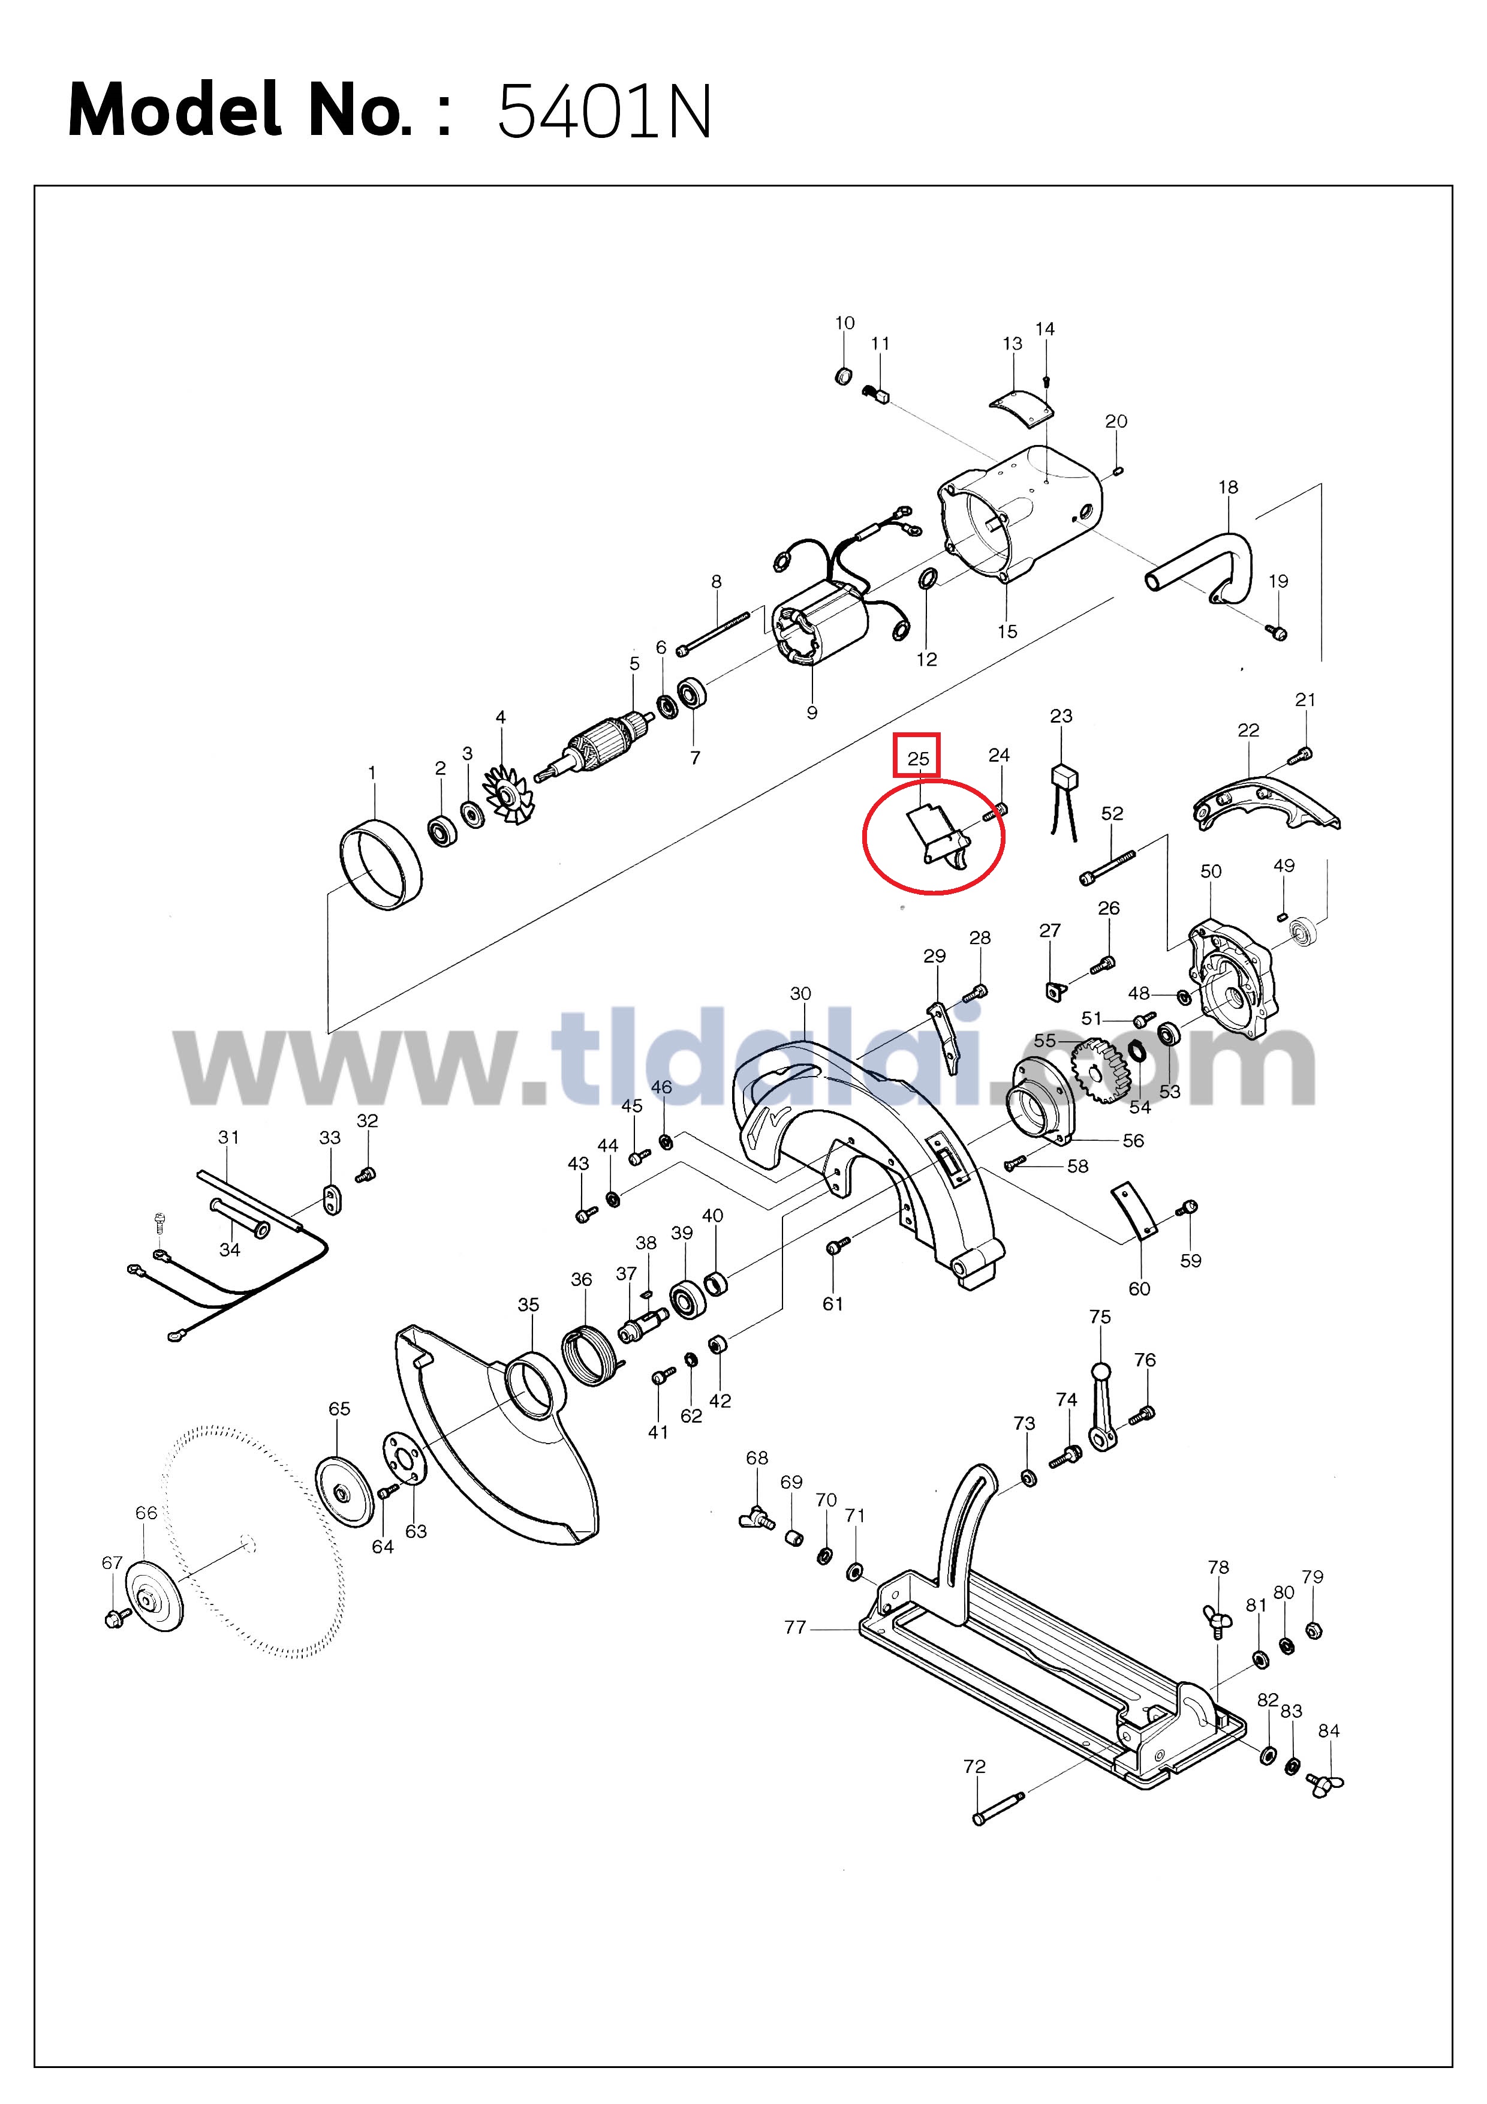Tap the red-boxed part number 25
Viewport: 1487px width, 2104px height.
(x=918, y=759)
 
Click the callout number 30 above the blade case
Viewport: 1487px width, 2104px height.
(x=801, y=993)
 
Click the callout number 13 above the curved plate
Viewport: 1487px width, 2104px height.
(x=1012, y=344)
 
